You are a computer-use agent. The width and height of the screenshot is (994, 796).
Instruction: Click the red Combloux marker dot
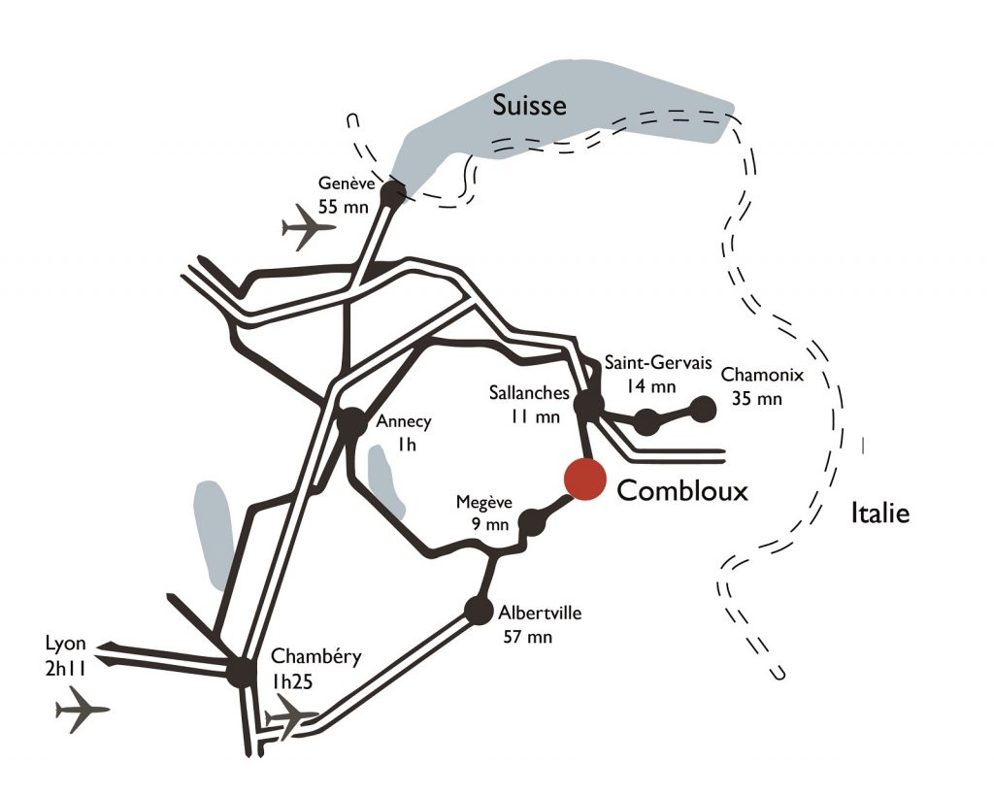584,480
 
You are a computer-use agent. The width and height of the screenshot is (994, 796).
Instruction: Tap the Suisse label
529,105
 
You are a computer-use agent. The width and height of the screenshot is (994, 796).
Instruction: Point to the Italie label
879,513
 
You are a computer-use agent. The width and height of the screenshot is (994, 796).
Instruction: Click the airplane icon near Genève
307,227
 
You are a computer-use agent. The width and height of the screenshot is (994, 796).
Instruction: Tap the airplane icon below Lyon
82,710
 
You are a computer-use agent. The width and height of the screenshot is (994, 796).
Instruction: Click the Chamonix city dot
703,410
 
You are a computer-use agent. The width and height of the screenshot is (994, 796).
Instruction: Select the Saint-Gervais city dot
646,421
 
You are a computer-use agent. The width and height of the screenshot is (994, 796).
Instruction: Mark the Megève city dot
532,523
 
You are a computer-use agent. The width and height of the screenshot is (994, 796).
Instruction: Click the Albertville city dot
479,611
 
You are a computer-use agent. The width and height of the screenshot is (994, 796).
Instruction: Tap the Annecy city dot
351,422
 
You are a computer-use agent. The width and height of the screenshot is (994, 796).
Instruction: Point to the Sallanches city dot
589,405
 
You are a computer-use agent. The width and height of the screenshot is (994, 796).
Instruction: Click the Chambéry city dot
242,672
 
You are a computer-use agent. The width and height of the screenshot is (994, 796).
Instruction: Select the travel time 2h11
65,669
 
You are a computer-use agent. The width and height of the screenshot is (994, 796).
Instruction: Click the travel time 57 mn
527,636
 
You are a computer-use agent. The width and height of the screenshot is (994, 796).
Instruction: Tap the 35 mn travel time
757,399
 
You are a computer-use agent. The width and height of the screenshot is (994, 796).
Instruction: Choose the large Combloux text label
682,490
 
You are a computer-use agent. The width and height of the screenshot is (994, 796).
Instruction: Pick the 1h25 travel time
292,681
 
